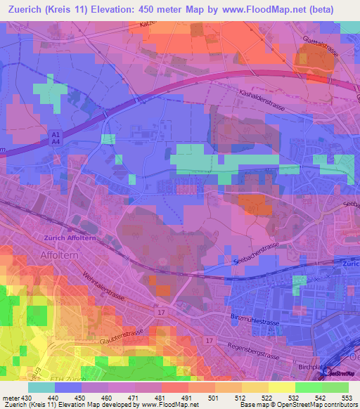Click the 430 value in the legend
click(x=27, y=398)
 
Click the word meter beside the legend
click(x=11, y=398)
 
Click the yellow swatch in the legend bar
click(x=281, y=387)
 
